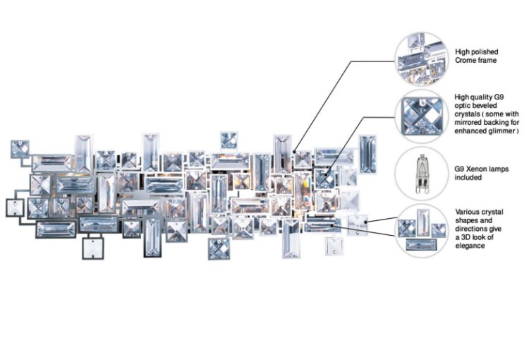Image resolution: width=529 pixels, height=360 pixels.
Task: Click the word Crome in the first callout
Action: click(466, 61)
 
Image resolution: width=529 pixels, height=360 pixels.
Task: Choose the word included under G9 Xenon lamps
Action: click(469, 178)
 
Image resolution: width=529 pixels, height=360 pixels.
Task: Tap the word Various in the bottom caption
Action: click(468, 212)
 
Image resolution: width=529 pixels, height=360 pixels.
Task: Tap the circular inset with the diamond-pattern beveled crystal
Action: click(421, 115)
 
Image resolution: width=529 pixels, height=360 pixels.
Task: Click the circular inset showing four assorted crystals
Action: click(421, 229)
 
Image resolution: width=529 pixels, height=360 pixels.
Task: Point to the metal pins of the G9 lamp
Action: click(422, 188)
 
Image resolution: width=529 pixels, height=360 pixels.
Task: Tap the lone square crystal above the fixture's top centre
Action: click(229, 140)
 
